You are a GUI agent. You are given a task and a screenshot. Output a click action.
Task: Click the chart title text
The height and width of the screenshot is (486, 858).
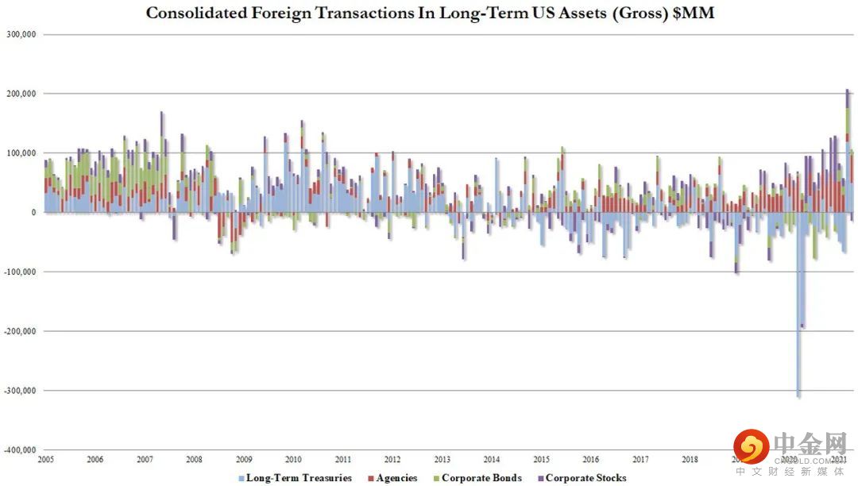coord(430,13)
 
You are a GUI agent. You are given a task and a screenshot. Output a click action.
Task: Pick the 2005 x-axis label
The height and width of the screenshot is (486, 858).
coord(45,460)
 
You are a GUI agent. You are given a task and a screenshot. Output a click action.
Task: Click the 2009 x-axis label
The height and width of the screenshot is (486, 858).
coord(244,460)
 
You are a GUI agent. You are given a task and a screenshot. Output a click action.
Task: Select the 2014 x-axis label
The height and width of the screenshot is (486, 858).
coord(492,460)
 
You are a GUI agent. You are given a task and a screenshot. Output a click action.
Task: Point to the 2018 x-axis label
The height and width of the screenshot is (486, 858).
coord(690,460)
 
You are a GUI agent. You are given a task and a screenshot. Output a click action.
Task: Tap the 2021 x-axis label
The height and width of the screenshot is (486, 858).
coord(839,460)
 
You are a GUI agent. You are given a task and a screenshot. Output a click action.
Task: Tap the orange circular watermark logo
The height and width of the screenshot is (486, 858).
coord(751,447)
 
